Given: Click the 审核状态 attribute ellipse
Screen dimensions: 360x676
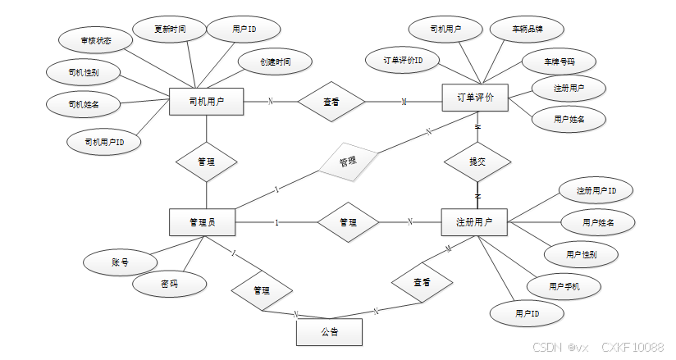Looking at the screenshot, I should point(95,40).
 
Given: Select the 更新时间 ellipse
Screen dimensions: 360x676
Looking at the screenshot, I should point(169,29).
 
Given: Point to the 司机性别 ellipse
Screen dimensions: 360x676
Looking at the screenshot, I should point(83,72).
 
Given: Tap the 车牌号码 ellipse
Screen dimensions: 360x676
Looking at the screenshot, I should point(558,62).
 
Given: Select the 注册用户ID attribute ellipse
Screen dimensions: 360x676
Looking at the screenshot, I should point(596,191).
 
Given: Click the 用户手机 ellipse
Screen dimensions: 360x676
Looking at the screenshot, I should point(564,285).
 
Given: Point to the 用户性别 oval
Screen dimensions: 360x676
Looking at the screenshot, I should point(581,255).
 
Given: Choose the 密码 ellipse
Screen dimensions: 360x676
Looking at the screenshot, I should point(169,284).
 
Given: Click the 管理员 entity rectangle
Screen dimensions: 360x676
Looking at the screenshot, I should point(202,222).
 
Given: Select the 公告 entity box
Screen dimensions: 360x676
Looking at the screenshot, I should point(328,331).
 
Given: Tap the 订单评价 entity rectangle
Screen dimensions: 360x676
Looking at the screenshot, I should point(475,98).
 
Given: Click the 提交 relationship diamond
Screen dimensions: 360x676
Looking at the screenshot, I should point(477,162).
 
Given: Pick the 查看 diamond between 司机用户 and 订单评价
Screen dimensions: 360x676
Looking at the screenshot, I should point(331,102).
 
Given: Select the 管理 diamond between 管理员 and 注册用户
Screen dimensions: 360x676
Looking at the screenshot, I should point(347,222).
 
